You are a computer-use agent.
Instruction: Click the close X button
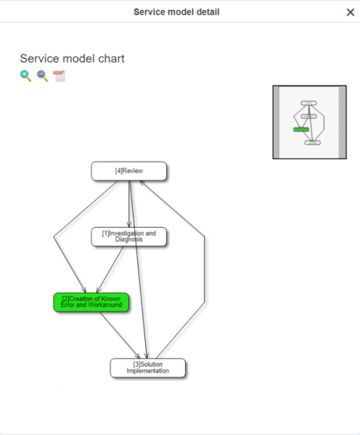pos(351,12)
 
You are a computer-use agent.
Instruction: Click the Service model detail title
pos(176,12)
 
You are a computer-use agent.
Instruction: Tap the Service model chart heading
pos(73,59)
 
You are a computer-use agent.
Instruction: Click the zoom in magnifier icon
pos(25,75)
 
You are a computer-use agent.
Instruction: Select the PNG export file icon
pos(60,76)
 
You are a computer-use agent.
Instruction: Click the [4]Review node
pos(129,171)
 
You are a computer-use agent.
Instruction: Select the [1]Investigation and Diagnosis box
pos(129,236)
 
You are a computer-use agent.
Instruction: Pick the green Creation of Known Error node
pos(91,302)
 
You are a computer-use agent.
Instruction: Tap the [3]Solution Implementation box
pos(148,368)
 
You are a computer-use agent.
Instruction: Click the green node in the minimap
pos(301,130)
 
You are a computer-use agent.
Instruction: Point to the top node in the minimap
pos(308,103)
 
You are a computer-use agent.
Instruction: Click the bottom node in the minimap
pos(313,143)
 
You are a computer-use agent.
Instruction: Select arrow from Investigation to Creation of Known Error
pos(110,270)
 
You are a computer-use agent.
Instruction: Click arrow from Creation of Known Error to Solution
pos(120,335)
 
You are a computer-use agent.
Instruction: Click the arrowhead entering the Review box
pos(142,183)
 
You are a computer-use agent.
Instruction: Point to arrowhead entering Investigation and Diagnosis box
pos(129,224)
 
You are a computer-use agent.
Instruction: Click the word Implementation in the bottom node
pos(148,371)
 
